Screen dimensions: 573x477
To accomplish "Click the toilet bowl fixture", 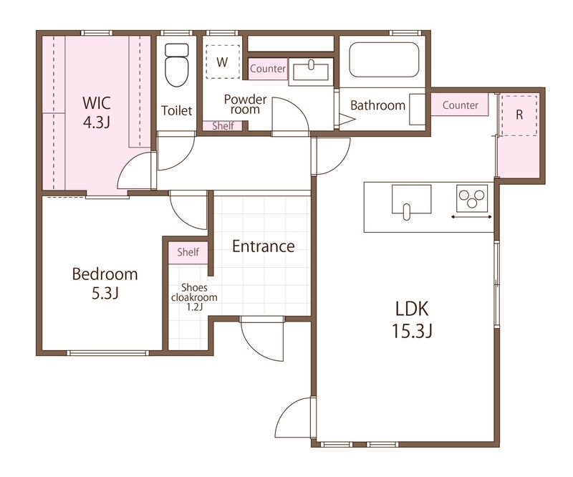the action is [x=177, y=65].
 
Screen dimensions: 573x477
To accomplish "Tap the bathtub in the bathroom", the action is [x=384, y=59].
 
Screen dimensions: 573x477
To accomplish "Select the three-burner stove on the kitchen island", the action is [x=472, y=198].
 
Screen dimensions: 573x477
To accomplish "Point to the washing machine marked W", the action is [x=222, y=62].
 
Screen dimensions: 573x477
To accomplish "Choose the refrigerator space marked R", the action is [x=519, y=115].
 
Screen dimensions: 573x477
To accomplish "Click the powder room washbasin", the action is [x=311, y=72].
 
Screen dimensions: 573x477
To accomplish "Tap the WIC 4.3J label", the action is [x=97, y=112].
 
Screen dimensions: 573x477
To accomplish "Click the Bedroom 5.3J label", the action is [x=105, y=283].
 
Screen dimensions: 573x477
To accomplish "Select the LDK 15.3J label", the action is [x=413, y=319].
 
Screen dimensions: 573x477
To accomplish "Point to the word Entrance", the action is [x=264, y=246].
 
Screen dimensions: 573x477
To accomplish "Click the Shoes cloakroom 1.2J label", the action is [x=194, y=297].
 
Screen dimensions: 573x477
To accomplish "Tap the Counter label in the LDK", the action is [x=460, y=105].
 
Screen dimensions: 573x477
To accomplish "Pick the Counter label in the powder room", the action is [x=268, y=68].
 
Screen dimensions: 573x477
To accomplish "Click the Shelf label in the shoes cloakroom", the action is [x=188, y=252].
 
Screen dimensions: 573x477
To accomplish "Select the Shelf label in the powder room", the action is [x=223, y=126].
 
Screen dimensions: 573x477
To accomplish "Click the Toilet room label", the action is [x=177, y=110].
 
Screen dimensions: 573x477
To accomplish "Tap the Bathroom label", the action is [x=378, y=105].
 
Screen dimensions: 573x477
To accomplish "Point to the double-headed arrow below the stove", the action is [x=471, y=217].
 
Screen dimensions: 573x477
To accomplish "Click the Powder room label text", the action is [x=245, y=104].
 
